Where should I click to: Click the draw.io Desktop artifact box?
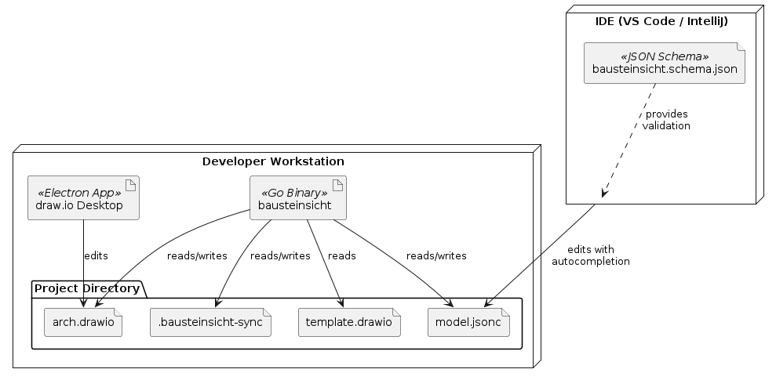tap(83, 198)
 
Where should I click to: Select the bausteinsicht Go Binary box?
tap(297, 198)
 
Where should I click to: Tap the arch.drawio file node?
tap(83, 323)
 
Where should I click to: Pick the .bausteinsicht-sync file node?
tap(210, 323)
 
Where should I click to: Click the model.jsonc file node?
tap(468, 323)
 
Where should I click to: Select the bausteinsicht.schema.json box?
tap(665, 63)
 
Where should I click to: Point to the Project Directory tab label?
tap(86, 289)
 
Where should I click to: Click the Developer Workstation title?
tap(273, 162)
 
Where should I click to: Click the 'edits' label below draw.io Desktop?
tap(96, 255)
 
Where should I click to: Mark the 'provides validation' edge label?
tap(666, 120)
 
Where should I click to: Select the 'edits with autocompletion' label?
tap(590, 255)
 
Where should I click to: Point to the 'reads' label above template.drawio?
tap(342, 255)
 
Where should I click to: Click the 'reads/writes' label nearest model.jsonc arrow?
tap(436, 255)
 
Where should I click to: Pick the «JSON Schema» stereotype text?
tap(665, 57)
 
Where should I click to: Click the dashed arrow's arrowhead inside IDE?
tap(603, 194)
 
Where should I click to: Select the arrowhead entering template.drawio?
tap(341, 304)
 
